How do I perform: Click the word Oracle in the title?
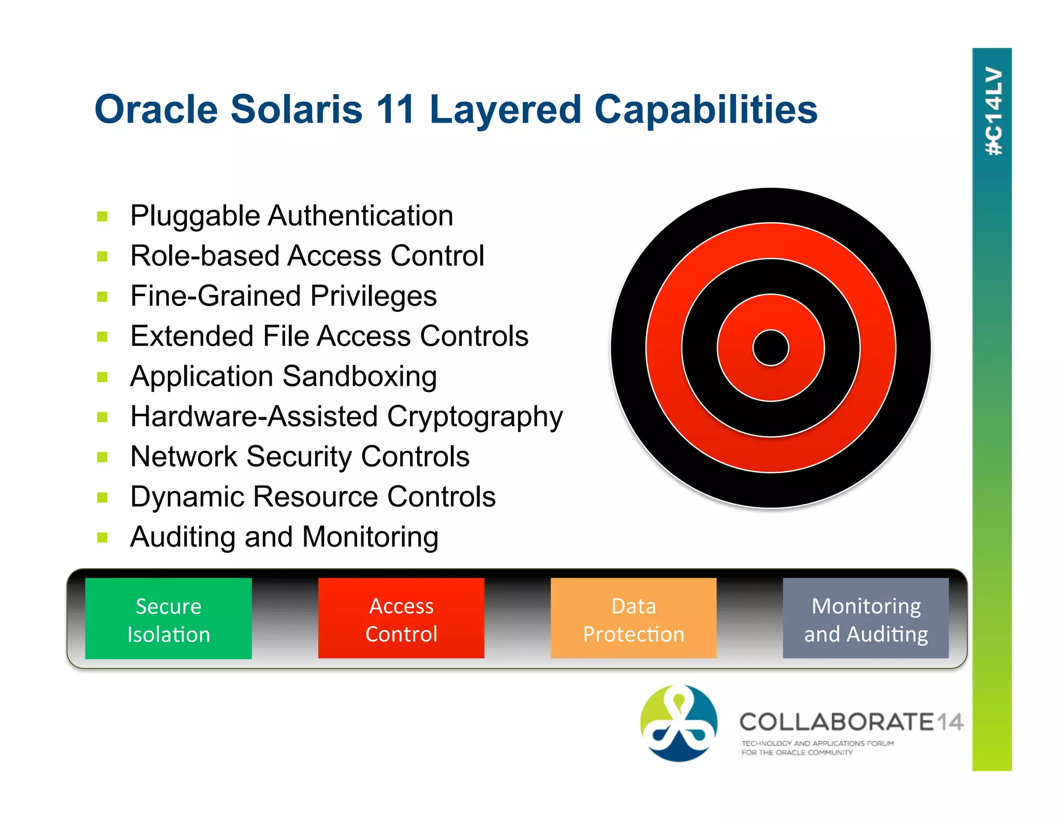(x=156, y=109)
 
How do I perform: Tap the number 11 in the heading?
(x=395, y=109)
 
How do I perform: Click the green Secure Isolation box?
(x=168, y=619)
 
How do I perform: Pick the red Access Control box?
(x=401, y=619)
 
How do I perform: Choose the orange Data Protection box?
(x=634, y=619)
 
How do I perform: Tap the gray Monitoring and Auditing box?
(x=865, y=619)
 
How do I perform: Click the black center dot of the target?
(x=771, y=348)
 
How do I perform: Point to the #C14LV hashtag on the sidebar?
(x=993, y=111)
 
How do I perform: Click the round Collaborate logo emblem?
(x=679, y=723)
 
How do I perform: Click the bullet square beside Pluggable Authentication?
(x=102, y=216)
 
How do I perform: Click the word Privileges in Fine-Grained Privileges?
(x=374, y=297)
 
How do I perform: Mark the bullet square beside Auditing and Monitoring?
(x=102, y=537)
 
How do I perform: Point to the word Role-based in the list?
(x=204, y=256)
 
